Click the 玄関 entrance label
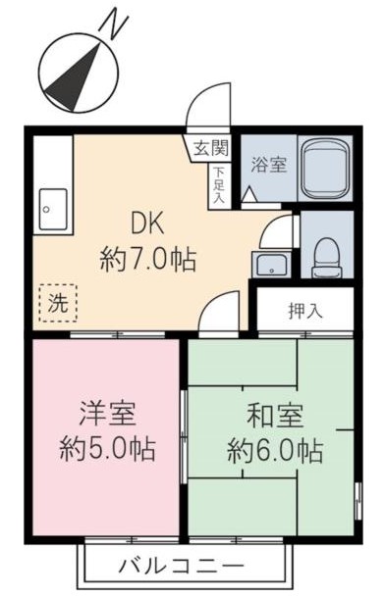tap(209, 150)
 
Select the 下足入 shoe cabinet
tap(219, 184)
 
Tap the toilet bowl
tap(324, 258)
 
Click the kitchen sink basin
tap(50, 209)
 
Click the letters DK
tap(148, 223)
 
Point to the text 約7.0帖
tap(147, 260)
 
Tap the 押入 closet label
tap(304, 313)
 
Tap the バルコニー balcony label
tap(182, 566)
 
